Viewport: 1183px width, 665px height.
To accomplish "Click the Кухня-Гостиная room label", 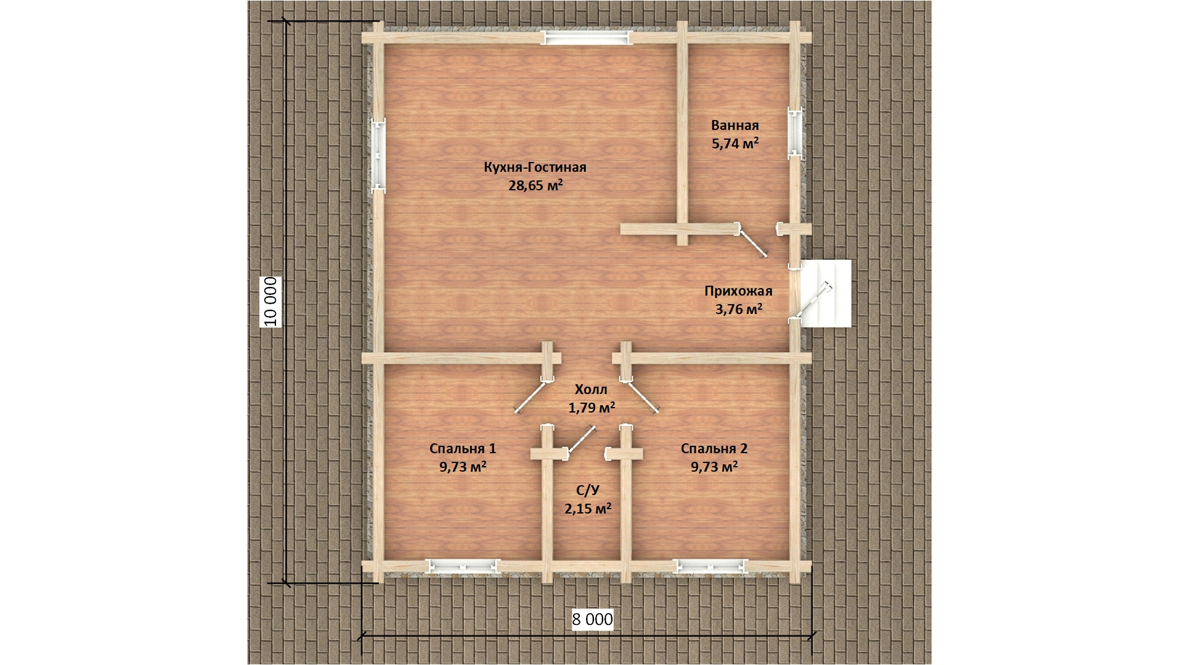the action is (x=535, y=167).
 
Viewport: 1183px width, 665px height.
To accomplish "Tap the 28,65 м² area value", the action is (x=535, y=185).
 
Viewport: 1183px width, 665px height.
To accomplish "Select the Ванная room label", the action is (x=735, y=126).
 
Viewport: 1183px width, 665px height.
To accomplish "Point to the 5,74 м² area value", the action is (x=735, y=143).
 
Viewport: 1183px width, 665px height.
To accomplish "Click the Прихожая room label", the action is (x=738, y=291).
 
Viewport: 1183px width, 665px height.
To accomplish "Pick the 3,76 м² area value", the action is (x=739, y=309).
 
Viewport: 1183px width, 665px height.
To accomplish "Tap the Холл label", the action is (x=591, y=389).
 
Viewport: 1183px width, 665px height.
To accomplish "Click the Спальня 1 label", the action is (x=463, y=449).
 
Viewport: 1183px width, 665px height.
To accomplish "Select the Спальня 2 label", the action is (x=714, y=449).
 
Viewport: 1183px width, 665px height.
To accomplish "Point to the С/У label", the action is (x=588, y=490).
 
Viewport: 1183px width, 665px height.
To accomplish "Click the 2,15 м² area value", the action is (x=588, y=509).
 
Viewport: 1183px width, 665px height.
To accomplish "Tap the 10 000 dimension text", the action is (x=271, y=301).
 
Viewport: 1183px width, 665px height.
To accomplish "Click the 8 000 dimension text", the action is (x=593, y=619).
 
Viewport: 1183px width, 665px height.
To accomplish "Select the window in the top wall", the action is (x=587, y=38).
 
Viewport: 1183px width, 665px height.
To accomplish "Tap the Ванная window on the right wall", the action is (x=795, y=133).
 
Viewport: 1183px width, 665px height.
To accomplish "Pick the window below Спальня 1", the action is (x=463, y=566).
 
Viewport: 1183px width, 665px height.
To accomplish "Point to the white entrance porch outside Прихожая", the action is (x=826, y=293).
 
